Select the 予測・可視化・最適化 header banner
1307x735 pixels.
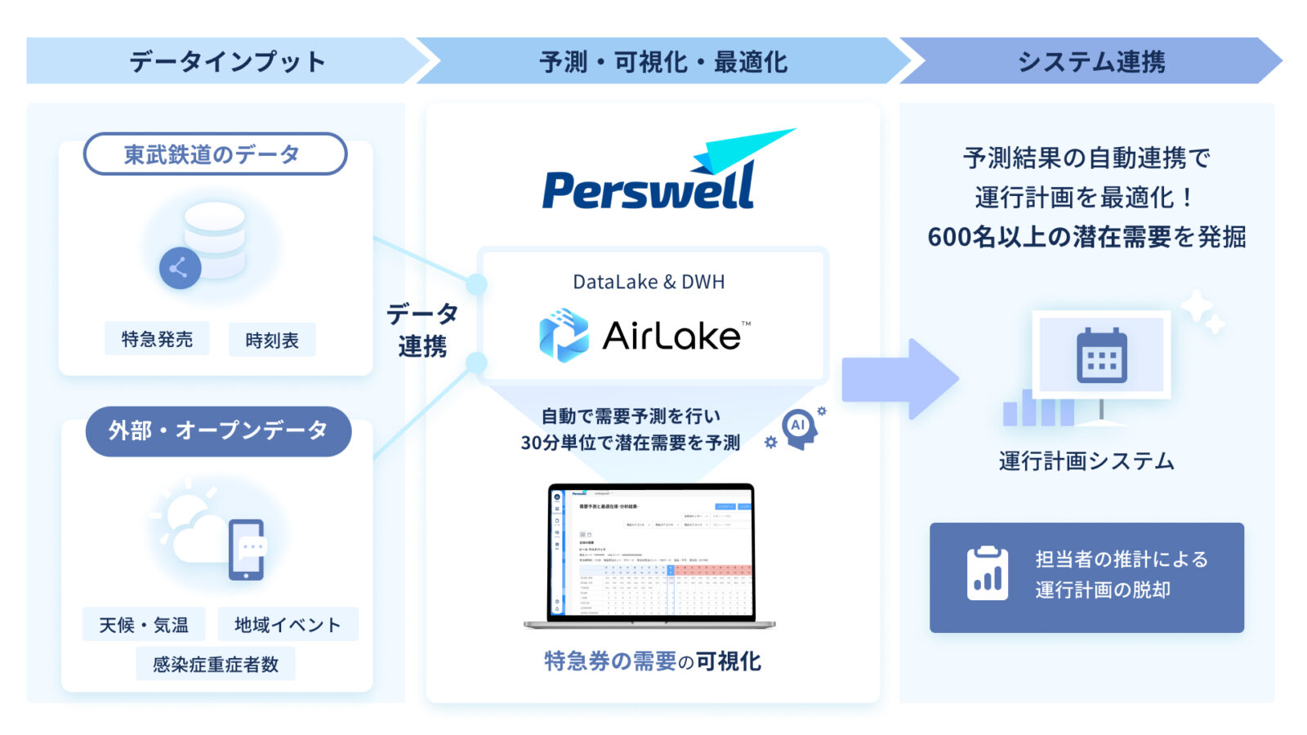[x=662, y=61]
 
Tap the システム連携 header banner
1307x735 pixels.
[x=1090, y=61]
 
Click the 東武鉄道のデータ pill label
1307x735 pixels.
[x=215, y=154]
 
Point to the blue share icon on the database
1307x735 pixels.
[x=180, y=267]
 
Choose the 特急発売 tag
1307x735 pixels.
[x=157, y=339]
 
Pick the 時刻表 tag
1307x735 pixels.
[x=272, y=340]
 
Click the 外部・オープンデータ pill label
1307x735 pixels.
[x=218, y=430]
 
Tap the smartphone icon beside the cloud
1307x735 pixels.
[x=247, y=550]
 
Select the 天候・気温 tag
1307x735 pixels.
[x=144, y=625]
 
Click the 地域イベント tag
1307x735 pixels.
[x=288, y=625]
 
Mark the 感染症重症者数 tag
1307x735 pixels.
[x=216, y=664]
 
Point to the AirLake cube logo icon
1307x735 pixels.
[x=564, y=335]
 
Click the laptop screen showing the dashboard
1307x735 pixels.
[x=651, y=552]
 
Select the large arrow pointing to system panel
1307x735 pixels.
[x=899, y=379]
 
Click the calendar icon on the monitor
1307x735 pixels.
[x=1101, y=356]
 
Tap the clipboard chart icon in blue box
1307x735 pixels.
[x=987, y=574]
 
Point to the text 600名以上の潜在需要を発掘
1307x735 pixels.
[x=1086, y=237]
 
